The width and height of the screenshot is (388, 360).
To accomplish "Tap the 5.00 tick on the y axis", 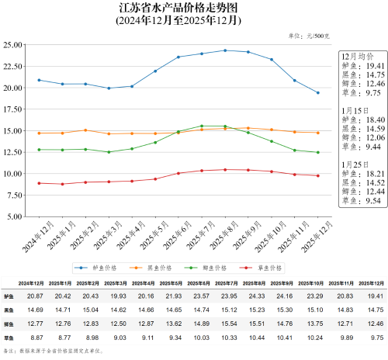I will coord(22,216).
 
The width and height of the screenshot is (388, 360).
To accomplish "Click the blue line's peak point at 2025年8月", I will coord(225,50).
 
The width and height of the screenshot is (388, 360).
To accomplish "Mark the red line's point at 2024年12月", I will coord(39,183).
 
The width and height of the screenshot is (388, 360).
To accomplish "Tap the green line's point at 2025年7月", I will coord(202,126).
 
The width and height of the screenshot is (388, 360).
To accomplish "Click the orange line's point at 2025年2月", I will coord(85,130).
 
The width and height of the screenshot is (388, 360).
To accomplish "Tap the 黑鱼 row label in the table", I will coord(9,310).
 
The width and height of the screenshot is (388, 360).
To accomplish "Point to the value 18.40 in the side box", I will coord(365,120).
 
